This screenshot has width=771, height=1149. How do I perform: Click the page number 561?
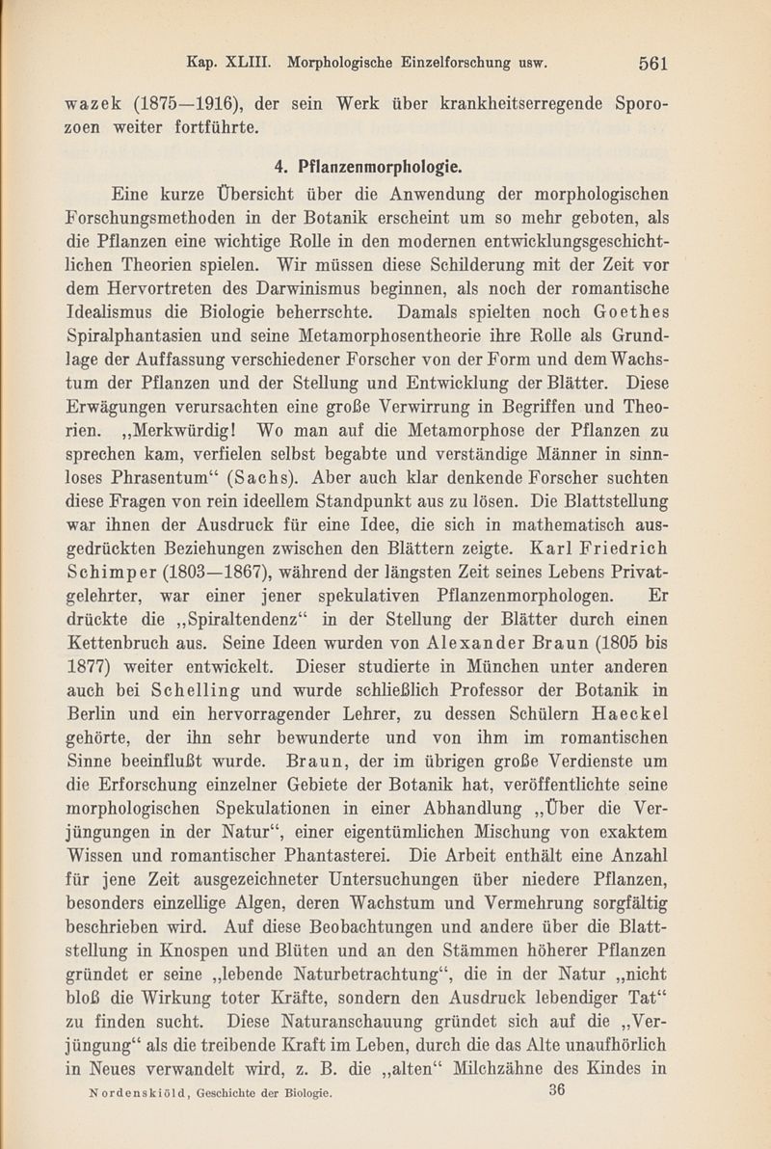tap(652, 64)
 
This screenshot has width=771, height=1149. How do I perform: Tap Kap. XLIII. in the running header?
tap(228, 64)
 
